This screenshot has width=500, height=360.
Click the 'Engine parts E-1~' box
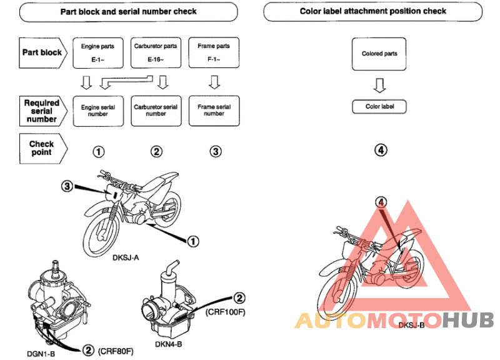coord(98,53)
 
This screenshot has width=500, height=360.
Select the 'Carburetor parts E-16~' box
coord(156,52)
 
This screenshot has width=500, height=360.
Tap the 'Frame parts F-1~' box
coord(214,52)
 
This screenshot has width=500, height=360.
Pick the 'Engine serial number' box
coord(98,111)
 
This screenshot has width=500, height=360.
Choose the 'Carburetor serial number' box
coord(156,111)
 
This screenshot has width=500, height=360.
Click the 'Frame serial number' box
coord(214,111)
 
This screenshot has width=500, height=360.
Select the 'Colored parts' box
coord(379,54)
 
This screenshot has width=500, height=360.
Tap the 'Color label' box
coord(379,106)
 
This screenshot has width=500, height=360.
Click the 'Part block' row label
coord(43,52)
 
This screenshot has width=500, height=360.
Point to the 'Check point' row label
coord(43,149)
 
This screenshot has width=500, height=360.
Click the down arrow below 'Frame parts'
coord(214,82)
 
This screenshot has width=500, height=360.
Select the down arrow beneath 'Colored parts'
coord(379,86)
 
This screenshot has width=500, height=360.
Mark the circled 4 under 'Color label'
coord(381,150)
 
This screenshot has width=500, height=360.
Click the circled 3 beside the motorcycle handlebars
coord(67,186)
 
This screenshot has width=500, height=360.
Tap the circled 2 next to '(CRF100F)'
coord(239,298)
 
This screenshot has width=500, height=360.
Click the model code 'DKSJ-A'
coord(126,257)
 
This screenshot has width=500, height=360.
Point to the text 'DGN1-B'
coord(41,354)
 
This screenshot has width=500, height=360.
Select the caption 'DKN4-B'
coord(168,344)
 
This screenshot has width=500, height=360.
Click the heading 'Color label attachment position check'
coord(372,11)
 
